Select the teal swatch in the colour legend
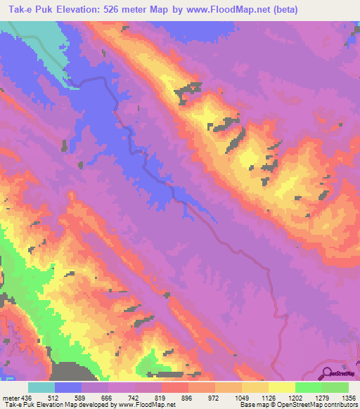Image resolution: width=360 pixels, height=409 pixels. point(41,387)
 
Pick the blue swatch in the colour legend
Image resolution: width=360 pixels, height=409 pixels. point(68,387)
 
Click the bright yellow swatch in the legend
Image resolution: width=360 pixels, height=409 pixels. point(281,387)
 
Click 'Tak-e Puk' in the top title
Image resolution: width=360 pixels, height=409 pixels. point(29,10)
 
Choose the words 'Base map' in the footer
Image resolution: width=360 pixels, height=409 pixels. point(252,405)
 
